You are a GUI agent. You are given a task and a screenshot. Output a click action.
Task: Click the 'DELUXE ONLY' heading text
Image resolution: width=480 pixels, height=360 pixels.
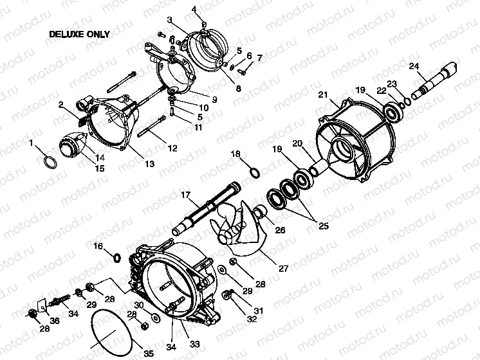[79, 35]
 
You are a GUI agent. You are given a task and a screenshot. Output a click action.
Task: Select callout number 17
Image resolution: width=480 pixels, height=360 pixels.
[185, 194]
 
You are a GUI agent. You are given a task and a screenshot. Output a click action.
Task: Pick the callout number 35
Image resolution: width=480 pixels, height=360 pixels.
[149, 353]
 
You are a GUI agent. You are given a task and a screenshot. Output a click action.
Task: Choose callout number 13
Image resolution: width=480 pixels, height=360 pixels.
[149, 164]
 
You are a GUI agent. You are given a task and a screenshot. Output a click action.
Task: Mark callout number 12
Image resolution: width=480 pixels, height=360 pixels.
[172, 148]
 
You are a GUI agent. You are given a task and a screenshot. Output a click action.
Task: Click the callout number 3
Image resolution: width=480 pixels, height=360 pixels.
[169, 21]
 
